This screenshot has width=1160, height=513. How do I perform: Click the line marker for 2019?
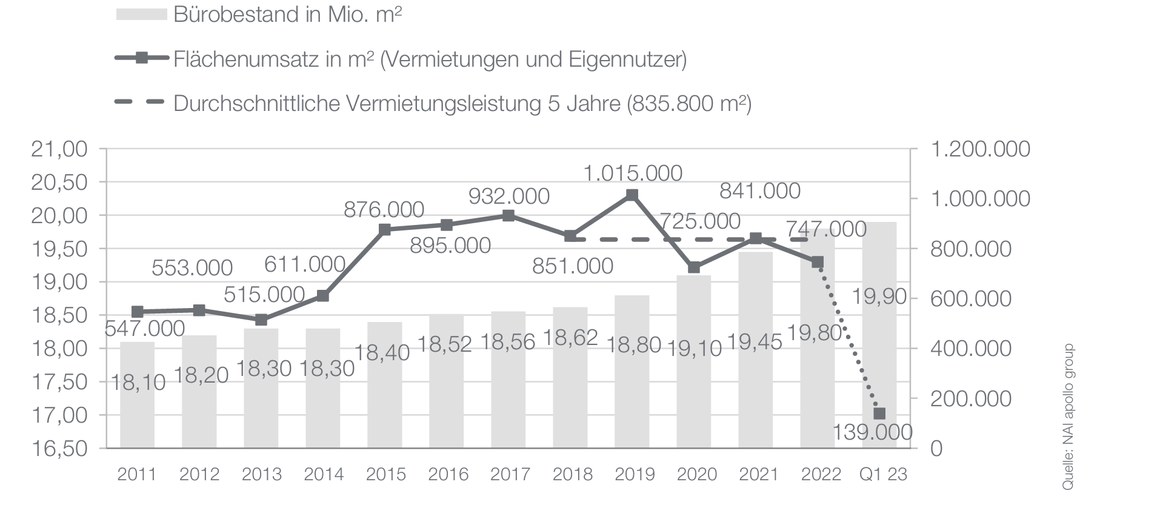[x=632, y=195]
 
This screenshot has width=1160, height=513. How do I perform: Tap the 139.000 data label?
[x=872, y=432]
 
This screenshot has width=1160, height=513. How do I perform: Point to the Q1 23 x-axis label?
[x=883, y=474]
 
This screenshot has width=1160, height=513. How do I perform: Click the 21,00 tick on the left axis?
[x=59, y=149]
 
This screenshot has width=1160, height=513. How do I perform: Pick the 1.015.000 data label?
[x=633, y=173]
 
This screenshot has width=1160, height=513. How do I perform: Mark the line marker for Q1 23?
[x=879, y=414]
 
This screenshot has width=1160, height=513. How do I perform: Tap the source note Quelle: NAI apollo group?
[x=1067, y=417]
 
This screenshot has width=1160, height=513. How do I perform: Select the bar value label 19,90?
[x=879, y=297]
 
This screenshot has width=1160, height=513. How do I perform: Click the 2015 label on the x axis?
[x=386, y=474]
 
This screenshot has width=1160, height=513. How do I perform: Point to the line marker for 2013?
[x=261, y=320]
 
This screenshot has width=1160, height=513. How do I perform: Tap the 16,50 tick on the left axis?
[x=59, y=449]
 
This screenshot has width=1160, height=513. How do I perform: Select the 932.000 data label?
[x=509, y=196]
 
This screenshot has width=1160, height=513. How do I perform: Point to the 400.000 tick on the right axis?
[x=971, y=349]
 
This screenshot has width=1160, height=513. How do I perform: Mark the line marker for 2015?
[x=385, y=229]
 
